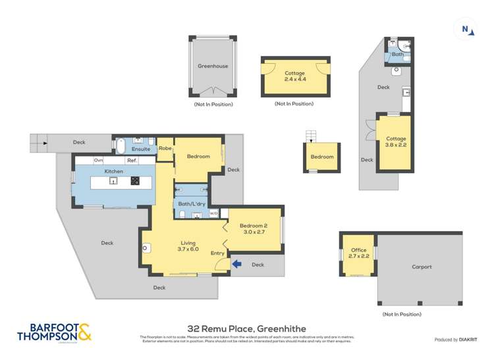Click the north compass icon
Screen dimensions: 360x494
pyautogui.click(x=466, y=29)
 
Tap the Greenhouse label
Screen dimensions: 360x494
pyautogui.click(x=213, y=66)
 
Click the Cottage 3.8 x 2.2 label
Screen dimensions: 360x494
pyautogui.click(x=396, y=142)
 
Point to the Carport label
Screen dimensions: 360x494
pyautogui.click(x=422, y=267)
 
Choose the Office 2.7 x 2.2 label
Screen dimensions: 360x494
pyautogui.click(x=359, y=253)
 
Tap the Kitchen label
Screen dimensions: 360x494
pyautogui.click(x=114, y=172)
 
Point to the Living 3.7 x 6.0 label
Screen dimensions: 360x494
pyautogui.click(x=188, y=246)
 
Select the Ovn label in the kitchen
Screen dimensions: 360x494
pyautogui.click(x=98, y=161)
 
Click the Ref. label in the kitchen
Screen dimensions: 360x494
pyautogui.click(x=132, y=161)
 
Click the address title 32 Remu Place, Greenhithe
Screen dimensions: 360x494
pyautogui.click(x=246, y=328)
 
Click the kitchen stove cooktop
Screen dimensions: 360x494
pyautogui.click(x=135, y=181)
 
